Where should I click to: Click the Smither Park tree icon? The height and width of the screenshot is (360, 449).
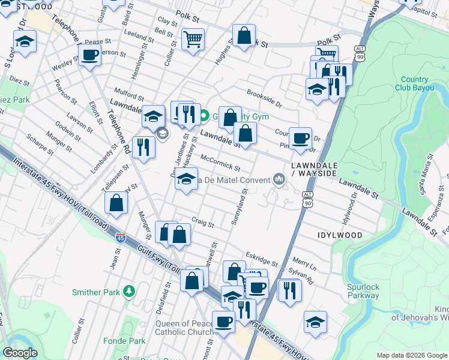coord(128,292)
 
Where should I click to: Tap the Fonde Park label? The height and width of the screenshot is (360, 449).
coord(128,341)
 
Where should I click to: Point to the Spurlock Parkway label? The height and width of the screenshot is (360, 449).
coord(363,290)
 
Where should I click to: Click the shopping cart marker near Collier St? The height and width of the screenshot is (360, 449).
coord(193,40)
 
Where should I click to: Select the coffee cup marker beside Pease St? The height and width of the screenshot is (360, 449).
coord(90,56)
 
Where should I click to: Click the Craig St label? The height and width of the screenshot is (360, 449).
coord(203,223)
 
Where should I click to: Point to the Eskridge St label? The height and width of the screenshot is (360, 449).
coord(262,259)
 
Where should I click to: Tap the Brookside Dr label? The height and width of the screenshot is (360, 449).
coord(264,98)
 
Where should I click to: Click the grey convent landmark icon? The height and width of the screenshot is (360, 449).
coord(279,179)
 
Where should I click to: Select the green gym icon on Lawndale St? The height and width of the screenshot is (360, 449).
coord(204,116)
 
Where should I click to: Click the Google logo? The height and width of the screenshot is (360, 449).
coord(21,352)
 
